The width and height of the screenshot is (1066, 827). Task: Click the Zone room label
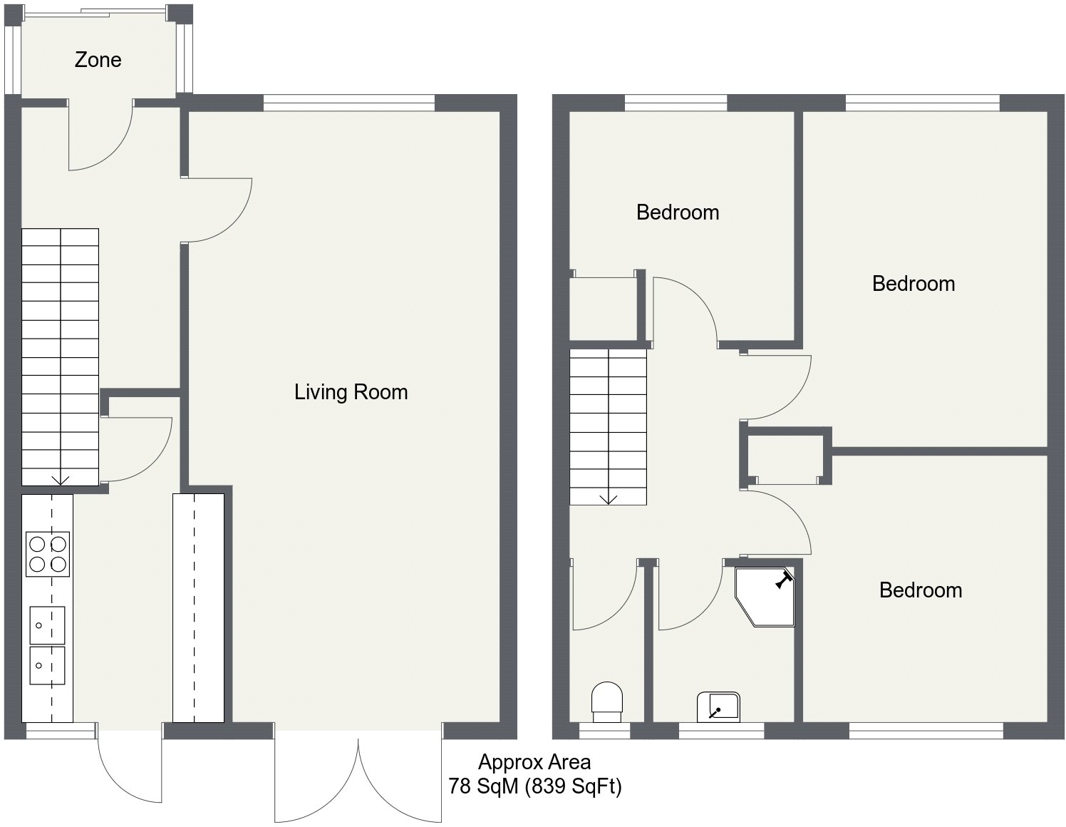tap(98, 60)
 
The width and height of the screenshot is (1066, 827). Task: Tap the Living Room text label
tap(351, 392)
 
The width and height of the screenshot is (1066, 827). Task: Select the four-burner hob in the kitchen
tap(48, 554)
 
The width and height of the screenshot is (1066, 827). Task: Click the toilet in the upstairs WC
tap(607, 702)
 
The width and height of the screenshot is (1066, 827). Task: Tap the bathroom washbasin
tap(719, 707)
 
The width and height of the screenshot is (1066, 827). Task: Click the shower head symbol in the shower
tap(783, 580)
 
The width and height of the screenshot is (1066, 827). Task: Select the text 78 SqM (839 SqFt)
tap(534, 786)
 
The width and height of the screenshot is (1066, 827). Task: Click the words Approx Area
tap(534, 762)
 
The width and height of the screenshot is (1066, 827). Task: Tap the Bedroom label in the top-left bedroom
tap(678, 212)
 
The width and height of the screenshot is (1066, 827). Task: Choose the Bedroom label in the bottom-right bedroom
tap(921, 590)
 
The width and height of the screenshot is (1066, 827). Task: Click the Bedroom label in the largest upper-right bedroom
tap(914, 284)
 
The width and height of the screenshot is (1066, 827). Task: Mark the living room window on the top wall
tap(348, 103)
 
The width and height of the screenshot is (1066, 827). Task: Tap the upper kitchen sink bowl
tap(47, 625)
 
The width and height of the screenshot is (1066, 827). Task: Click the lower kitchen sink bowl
tap(47, 666)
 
